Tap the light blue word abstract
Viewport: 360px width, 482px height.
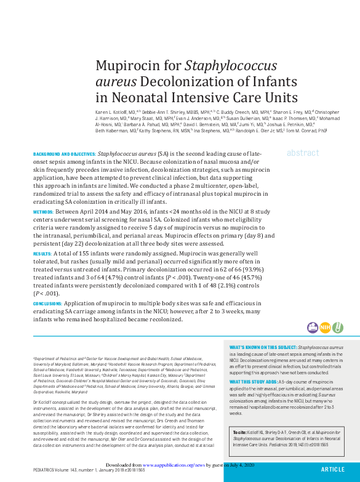click(303, 153)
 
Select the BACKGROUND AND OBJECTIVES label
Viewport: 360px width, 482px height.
click(64, 153)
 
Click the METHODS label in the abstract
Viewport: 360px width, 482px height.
click(43, 211)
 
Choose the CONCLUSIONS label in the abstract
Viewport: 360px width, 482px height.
click(47, 303)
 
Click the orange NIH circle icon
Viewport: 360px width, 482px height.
click(324, 327)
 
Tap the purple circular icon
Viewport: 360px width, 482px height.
click(312, 327)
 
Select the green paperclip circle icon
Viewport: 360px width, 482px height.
click(337, 327)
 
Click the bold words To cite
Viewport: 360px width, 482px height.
click(239, 433)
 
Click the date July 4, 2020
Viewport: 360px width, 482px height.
click(238, 466)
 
